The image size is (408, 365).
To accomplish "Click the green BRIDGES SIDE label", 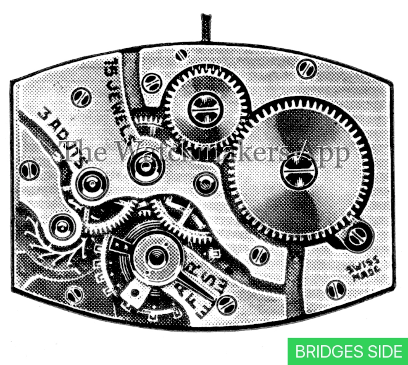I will pos(348,351).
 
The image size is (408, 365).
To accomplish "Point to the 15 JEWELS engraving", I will pos(124,92).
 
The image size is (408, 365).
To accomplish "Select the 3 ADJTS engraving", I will pos(62,134).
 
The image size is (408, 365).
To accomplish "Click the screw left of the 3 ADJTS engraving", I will pos(29,169).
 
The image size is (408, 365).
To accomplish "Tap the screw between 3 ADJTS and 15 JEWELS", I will pos(81,97).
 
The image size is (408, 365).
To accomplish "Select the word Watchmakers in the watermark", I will pos(204,150).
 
